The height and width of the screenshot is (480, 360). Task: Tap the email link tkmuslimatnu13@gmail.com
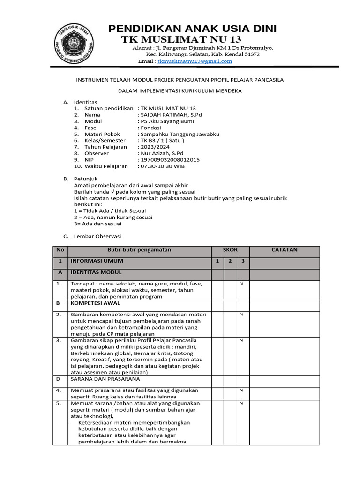188,61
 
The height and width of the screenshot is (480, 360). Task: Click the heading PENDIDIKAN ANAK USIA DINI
192,29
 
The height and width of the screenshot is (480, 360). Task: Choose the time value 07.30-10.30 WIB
166,166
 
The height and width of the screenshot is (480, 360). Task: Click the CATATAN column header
285,250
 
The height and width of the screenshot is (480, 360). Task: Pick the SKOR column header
230,250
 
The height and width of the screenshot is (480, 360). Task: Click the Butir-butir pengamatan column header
139,250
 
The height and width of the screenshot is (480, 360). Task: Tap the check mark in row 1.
243,284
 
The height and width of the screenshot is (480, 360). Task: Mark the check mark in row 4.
243,390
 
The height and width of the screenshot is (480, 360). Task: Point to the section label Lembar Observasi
97,236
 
